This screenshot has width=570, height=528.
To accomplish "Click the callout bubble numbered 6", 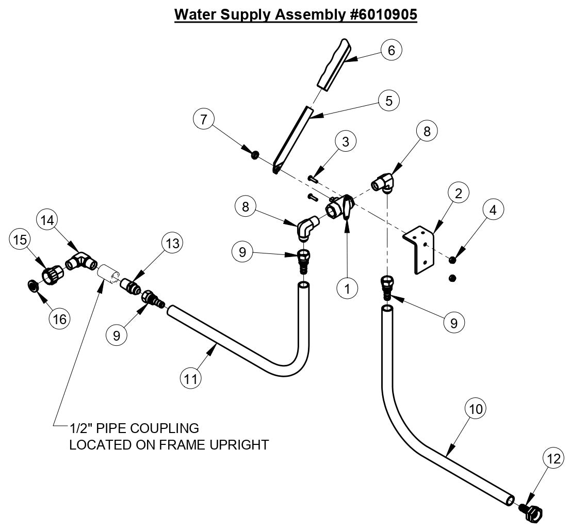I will pos(391,50).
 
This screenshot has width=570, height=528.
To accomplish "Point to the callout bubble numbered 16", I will pos(60,319).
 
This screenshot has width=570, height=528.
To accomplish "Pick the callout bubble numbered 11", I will pos(191,378).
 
